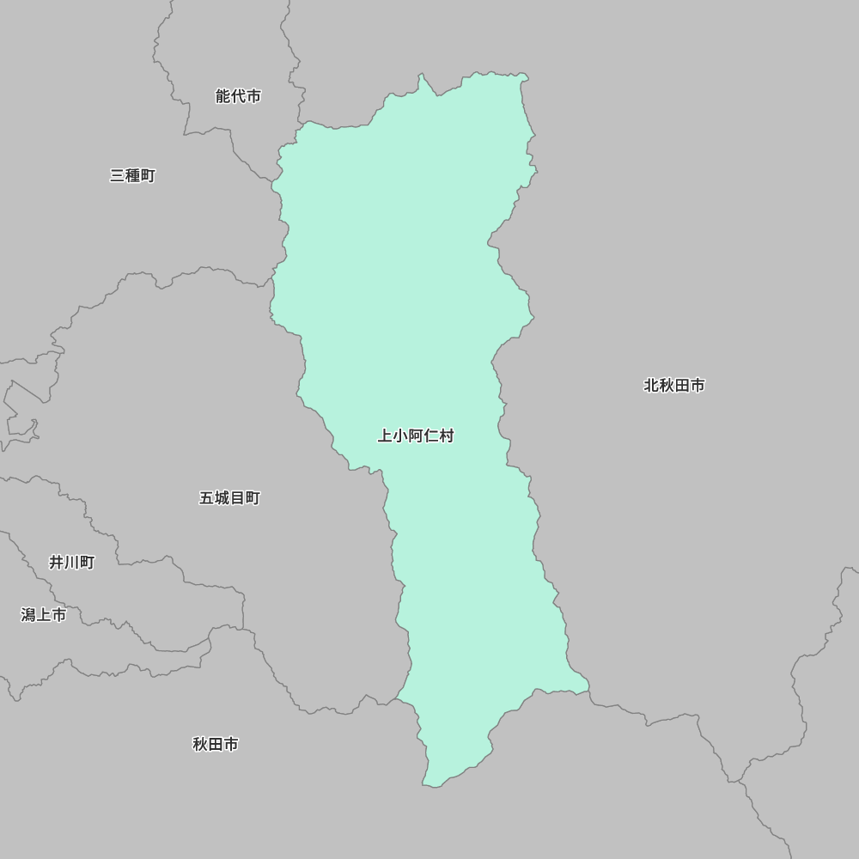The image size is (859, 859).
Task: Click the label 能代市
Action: pos(238,96)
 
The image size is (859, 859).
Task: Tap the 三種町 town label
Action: pos(132,175)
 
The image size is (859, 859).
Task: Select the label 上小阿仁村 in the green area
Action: pos(416,436)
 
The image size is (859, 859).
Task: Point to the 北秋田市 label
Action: pos(674,386)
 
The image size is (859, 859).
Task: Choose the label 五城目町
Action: pos(229,498)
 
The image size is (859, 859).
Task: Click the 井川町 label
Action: pos(71,563)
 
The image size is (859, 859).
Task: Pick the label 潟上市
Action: pos(43,615)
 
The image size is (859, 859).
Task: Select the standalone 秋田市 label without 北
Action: pos(215,744)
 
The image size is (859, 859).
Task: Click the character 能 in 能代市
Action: pos(222,96)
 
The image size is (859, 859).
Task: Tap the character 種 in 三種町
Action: pos(132,175)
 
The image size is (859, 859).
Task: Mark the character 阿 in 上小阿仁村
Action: pos(416,436)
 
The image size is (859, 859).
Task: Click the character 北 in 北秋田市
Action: pos(651,386)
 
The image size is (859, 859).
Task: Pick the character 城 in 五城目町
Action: pos(222,498)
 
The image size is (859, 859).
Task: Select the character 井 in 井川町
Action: pos(56,563)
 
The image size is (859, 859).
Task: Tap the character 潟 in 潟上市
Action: pos(27,615)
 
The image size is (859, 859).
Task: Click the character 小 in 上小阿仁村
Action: pos(400,436)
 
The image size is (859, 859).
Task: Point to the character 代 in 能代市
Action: pos(238,96)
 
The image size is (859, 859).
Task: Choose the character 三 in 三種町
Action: pos(117,175)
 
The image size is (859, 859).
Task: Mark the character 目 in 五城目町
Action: pos(237,498)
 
